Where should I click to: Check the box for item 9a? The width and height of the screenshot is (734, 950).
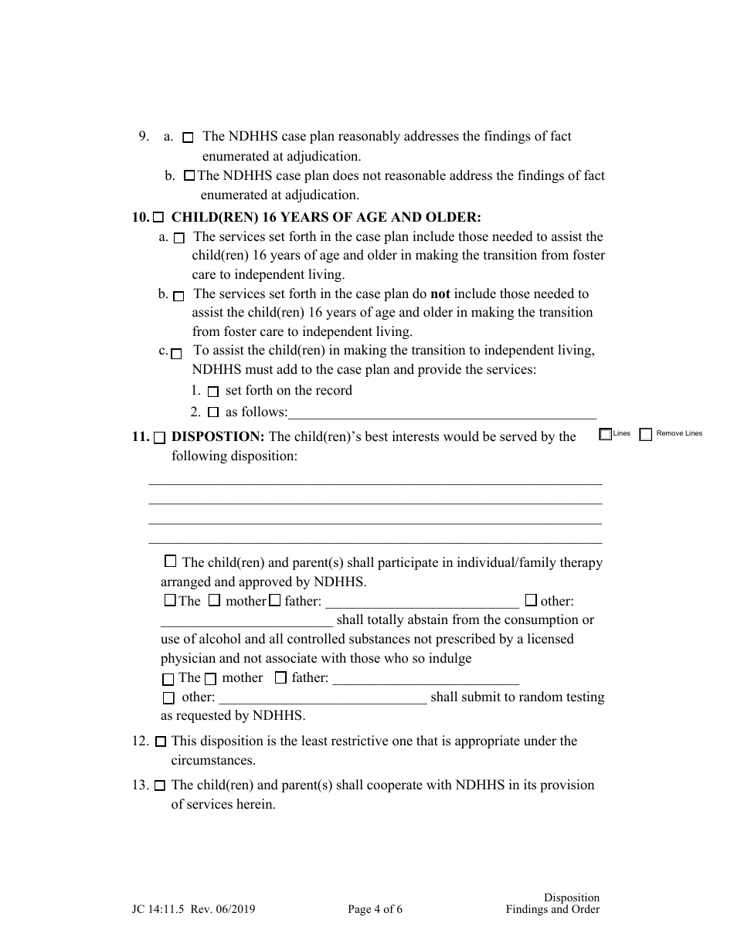click(x=188, y=138)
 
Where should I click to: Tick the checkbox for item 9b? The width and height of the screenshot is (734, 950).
click(x=189, y=176)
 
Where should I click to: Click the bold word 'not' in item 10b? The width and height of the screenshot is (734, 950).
click(x=440, y=293)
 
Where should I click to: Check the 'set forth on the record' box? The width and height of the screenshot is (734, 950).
click(x=214, y=392)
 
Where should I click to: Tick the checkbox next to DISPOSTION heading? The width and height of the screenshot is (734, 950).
click(x=159, y=438)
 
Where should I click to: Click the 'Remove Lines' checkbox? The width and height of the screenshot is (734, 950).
click(x=646, y=434)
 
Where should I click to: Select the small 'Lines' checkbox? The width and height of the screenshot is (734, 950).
click(x=605, y=434)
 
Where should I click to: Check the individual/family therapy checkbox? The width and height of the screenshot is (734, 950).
click(x=171, y=562)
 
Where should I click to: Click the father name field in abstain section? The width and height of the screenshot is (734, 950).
click(x=422, y=602)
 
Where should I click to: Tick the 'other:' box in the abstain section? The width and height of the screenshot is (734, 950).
click(x=531, y=599)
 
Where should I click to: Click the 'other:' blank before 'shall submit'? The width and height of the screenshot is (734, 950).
click(x=323, y=698)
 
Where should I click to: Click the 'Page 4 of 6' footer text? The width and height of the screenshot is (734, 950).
click(x=375, y=909)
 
